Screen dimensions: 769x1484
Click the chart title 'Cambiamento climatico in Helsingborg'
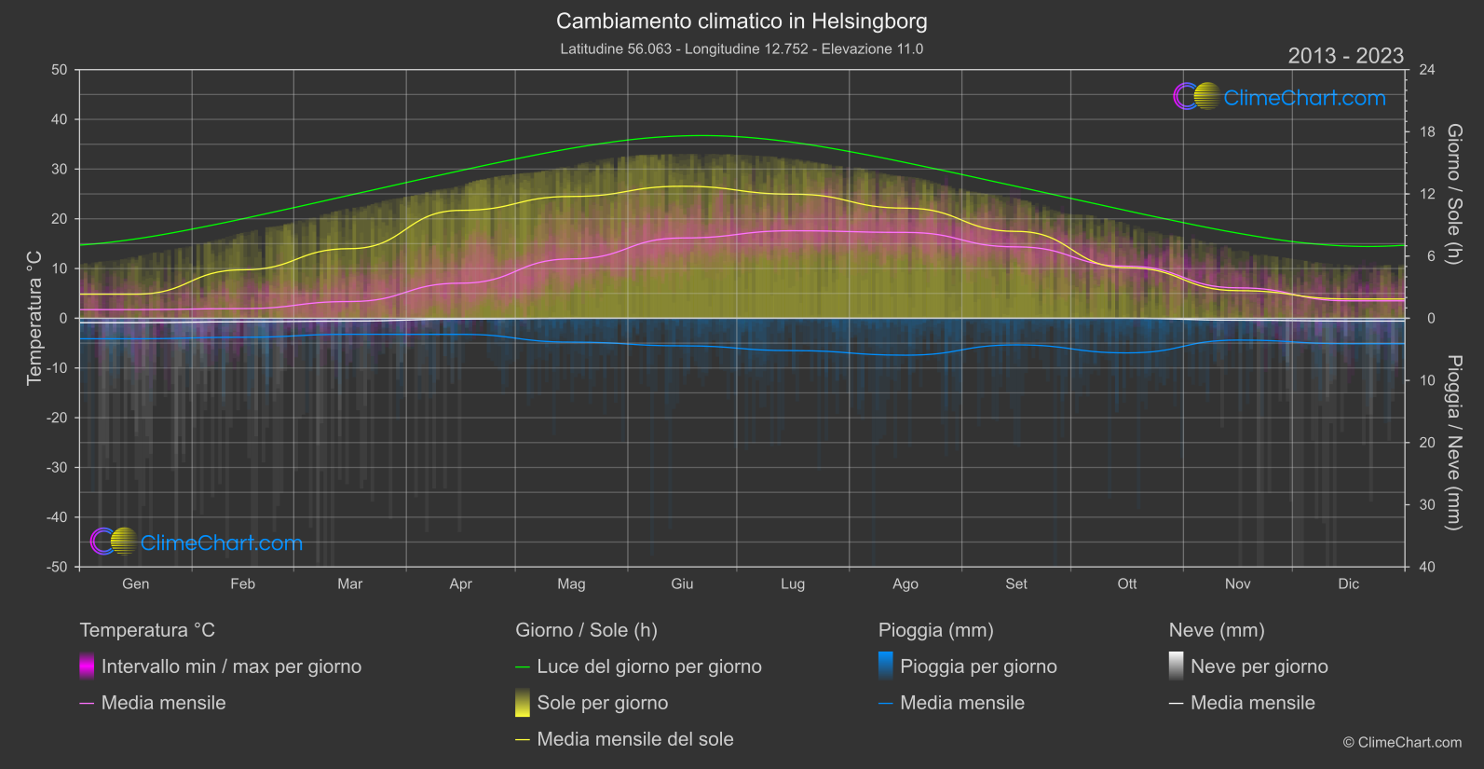[742, 21]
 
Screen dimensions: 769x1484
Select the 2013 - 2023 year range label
[1345, 56]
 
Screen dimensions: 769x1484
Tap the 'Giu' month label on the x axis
[682, 584]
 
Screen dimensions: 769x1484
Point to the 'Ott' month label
[1127, 584]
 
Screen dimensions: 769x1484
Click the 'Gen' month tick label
[136, 584]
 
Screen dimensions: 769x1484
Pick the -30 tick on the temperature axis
[57, 467]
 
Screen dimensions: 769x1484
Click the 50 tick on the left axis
[60, 70]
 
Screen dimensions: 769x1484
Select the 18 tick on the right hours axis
[1427, 132]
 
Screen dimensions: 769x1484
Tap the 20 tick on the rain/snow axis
[1427, 443]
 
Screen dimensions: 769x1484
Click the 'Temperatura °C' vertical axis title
[34, 317]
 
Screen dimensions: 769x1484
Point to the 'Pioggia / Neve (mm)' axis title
[1453, 443]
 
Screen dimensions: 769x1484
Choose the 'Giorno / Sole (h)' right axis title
[1453, 194]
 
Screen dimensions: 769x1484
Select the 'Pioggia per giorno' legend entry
[978, 666]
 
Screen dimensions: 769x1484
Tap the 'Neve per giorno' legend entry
[1259, 666]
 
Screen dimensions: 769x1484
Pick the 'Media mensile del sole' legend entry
[634, 739]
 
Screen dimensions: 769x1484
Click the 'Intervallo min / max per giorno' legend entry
[231, 666]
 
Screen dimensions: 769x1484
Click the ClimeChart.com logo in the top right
[1280, 97]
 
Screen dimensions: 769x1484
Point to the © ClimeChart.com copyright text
[1402, 742]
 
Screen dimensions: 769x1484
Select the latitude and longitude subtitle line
[742, 48]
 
